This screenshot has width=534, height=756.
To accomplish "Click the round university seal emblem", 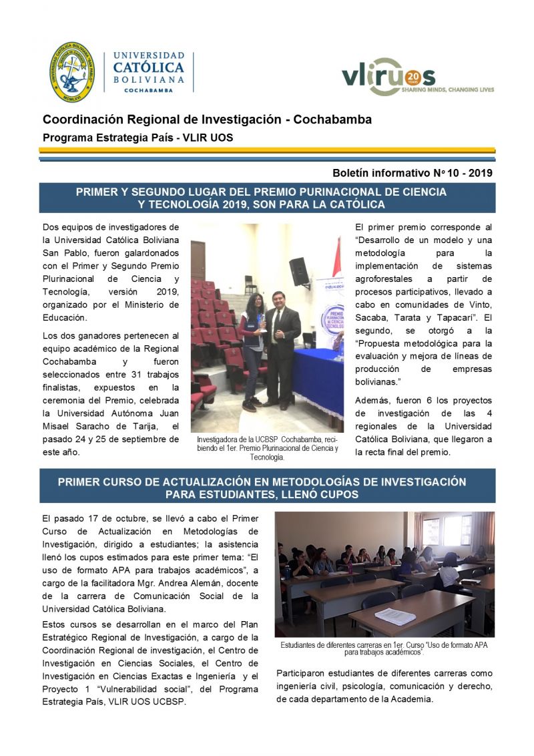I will (72, 72).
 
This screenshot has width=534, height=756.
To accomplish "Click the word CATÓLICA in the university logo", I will (148, 67).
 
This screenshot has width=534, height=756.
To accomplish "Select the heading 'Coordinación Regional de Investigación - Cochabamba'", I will (207, 120).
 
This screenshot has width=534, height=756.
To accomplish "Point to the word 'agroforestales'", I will (385, 278).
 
